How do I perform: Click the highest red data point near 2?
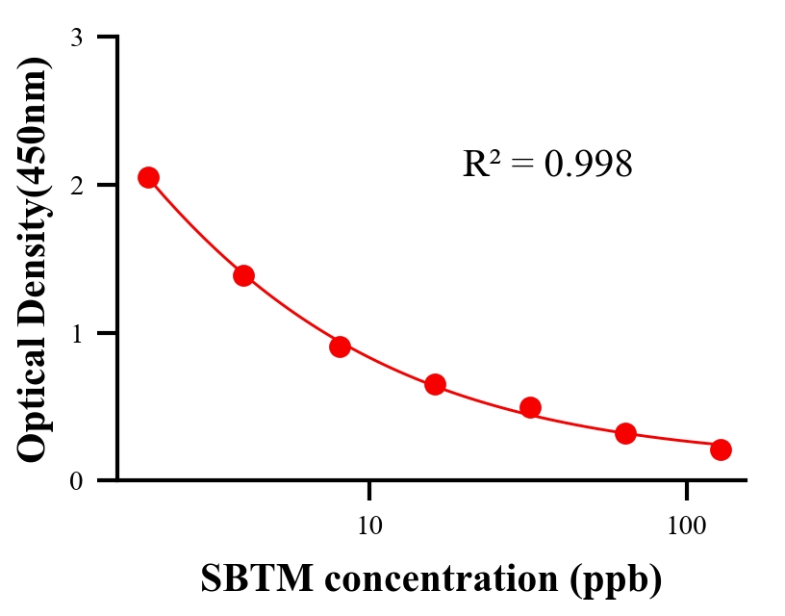(x=148, y=177)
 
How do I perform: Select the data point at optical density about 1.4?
(x=243, y=275)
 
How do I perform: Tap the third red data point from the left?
(x=340, y=346)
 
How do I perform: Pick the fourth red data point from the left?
(x=435, y=385)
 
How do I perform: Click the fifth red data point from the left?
(x=530, y=407)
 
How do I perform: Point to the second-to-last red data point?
(x=625, y=433)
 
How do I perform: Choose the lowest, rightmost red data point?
(x=721, y=449)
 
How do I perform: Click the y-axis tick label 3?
(x=76, y=38)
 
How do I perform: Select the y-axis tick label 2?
(x=76, y=185)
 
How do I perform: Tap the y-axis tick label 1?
(x=76, y=333)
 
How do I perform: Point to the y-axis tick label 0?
(x=76, y=480)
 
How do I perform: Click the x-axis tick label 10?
(x=369, y=526)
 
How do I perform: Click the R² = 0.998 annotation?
(x=547, y=164)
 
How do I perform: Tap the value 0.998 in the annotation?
(x=589, y=164)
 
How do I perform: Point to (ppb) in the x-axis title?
(x=616, y=580)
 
